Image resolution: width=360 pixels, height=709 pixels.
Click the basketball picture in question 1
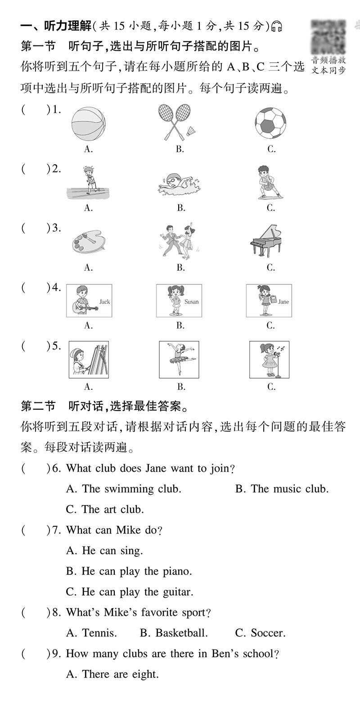pyautogui.click(x=88, y=122)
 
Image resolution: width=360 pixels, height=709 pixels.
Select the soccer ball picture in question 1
pyautogui.click(x=270, y=122)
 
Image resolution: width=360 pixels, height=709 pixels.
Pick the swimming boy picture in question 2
pyautogui.click(x=180, y=185)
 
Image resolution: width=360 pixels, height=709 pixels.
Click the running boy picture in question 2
pyautogui.click(x=89, y=183)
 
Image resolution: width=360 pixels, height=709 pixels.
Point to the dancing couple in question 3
pyautogui.click(x=180, y=241)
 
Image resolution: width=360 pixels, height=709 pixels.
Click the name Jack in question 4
pyautogui.click(x=104, y=302)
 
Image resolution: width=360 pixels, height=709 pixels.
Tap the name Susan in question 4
pyautogui.click(x=191, y=302)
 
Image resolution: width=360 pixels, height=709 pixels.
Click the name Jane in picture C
pyautogui.click(x=283, y=302)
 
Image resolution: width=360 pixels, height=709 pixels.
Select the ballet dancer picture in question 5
pyautogui.click(x=180, y=359)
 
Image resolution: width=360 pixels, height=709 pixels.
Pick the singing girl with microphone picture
pyautogui.click(x=270, y=359)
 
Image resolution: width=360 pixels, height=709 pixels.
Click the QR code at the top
pyautogui.click(x=329, y=36)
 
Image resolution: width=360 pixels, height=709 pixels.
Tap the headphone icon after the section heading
pyautogui.click(x=278, y=27)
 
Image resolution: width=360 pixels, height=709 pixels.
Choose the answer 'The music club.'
pyautogui.click(x=282, y=489)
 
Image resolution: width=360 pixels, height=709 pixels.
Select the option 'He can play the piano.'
pyautogui.click(x=129, y=571)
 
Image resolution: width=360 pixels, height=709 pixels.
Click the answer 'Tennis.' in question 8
pyautogui.click(x=91, y=633)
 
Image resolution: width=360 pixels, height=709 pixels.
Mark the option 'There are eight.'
pyautogui.click(x=112, y=674)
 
